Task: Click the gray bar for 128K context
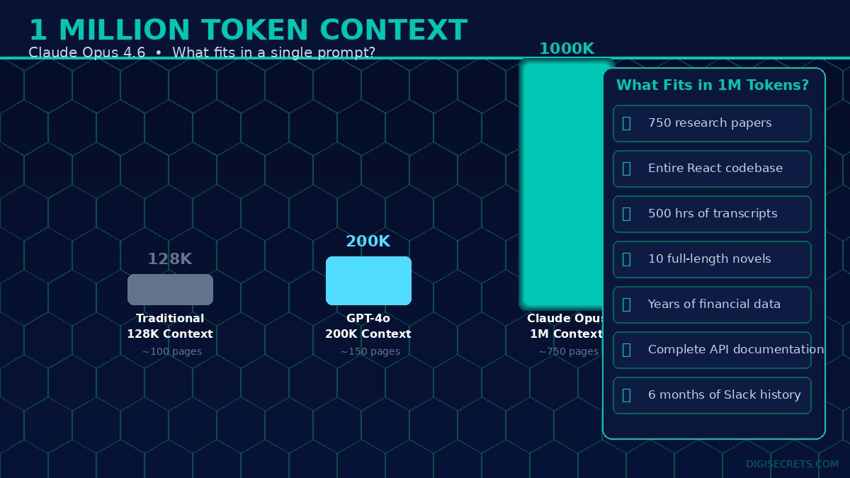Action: pyautogui.click(x=170, y=290)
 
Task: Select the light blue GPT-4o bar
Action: pyautogui.click(x=368, y=280)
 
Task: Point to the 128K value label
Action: pyautogui.click(x=169, y=259)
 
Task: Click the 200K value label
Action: pyautogui.click(x=368, y=241)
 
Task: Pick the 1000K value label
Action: pyautogui.click(x=566, y=49)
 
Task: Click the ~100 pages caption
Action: pyautogui.click(x=171, y=351)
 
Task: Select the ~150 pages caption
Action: pyautogui.click(x=370, y=351)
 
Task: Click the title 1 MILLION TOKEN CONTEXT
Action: pyautogui.click(x=248, y=30)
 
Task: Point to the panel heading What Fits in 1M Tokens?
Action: pyautogui.click(x=712, y=85)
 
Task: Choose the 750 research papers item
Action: pyautogui.click(x=712, y=123)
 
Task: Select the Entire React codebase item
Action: pyautogui.click(x=712, y=169)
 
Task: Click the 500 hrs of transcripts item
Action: pyautogui.click(x=712, y=214)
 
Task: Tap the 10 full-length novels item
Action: pyautogui.click(x=712, y=259)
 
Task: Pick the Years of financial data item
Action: pyautogui.click(x=712, y=305)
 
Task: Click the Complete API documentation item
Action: pyautogui.click(x=712, y=350)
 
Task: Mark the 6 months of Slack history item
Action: pyautogui.click(x=712, y=395)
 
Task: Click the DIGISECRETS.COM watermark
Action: pyautogui.click(x=791, y=464)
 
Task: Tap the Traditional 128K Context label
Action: pyautogui.click(x=170, y=326)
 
